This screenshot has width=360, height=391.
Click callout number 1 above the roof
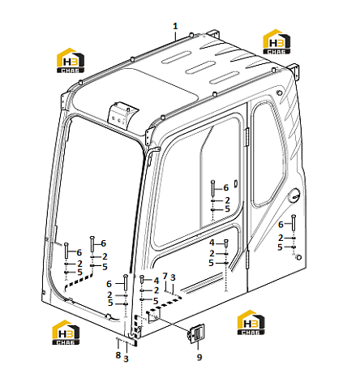[x=175, y=27]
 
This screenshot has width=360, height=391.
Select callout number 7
[x=165, y=276]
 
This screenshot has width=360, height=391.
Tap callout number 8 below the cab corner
[x=118, y=354]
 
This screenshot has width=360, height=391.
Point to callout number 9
[x=199, y=357]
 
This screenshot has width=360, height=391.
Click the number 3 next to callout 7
[x=174, y=277]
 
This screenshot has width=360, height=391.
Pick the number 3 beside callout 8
[x=126, y=359]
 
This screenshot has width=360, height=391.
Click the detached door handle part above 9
[x=196, y=333]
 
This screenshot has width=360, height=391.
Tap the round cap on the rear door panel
[x=294, y=195]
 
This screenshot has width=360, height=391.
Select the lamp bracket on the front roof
[x=122, y=114]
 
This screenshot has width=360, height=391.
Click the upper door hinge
[x=246, y=137]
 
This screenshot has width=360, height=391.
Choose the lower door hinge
[x=246, y=260]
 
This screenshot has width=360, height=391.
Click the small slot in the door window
[x=236, y=183]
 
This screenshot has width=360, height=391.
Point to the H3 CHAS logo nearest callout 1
[x=276, y=41]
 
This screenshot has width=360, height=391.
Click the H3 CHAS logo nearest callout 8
[x=66, y=333]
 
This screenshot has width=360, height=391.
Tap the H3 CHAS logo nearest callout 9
[x=251, y=322]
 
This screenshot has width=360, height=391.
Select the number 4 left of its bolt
[x=212, y=243]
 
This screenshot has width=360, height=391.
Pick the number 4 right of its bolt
[x=156, y=281]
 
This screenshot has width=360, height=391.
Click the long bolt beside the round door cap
[x=294, y=222]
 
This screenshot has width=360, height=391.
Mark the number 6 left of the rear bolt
[x=281, y=225]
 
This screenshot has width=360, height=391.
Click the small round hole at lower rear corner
[x=298, y=257]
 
